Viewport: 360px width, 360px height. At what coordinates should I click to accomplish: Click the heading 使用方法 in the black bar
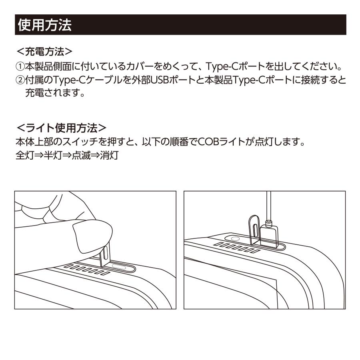point(44,25)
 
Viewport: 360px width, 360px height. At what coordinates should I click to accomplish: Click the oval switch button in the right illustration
point(236,238)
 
